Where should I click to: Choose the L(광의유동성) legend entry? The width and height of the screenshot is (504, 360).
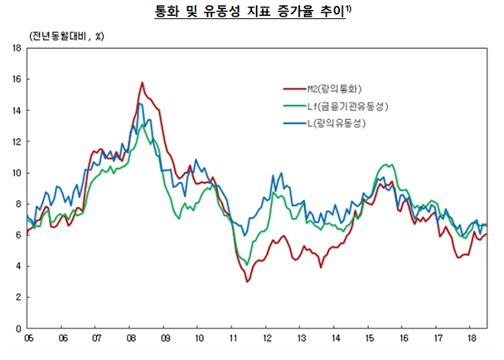coord(336,123)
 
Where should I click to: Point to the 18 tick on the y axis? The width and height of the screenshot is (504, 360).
coord(16,48)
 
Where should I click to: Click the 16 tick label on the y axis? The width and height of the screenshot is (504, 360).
coord(16,79)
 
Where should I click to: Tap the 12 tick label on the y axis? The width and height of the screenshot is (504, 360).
coord(16,141)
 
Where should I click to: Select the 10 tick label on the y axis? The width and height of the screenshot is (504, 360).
coord(16,173)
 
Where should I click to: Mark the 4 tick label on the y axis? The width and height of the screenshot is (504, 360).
coord(18,266)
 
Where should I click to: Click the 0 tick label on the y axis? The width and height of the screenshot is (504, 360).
coord(18,329)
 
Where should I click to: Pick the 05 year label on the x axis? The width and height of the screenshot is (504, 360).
coord(29,336)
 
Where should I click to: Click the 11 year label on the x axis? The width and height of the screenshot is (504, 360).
coord(231,336)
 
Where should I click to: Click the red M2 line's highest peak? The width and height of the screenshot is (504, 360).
coord(142,83)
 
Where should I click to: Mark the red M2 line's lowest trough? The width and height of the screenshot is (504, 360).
coord(247,281)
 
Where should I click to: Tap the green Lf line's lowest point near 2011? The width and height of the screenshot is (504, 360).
coord(247,264)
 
